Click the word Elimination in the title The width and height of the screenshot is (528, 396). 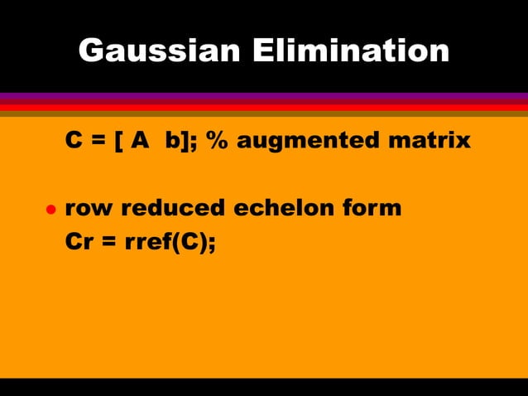pyautogui.click(x=350, y=52)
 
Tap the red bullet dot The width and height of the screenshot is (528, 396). pyautogui.click(x=50, y=210)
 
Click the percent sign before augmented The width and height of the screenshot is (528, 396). pyautogui.click(x=218, y=140)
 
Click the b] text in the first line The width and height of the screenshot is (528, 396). pyautogui.click(x=177, y=141)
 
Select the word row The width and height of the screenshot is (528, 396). pyautogui.click(x=89, y=208)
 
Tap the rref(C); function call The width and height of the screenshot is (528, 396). pyautogui.click(x=171, y=243)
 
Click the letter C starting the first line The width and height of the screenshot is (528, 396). pyautogui.click(x=74, y=140)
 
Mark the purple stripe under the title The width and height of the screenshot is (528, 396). pyautogui.click(x=264, y=96)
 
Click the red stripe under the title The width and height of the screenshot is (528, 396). pyautogui.click(x=264, y=106)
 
